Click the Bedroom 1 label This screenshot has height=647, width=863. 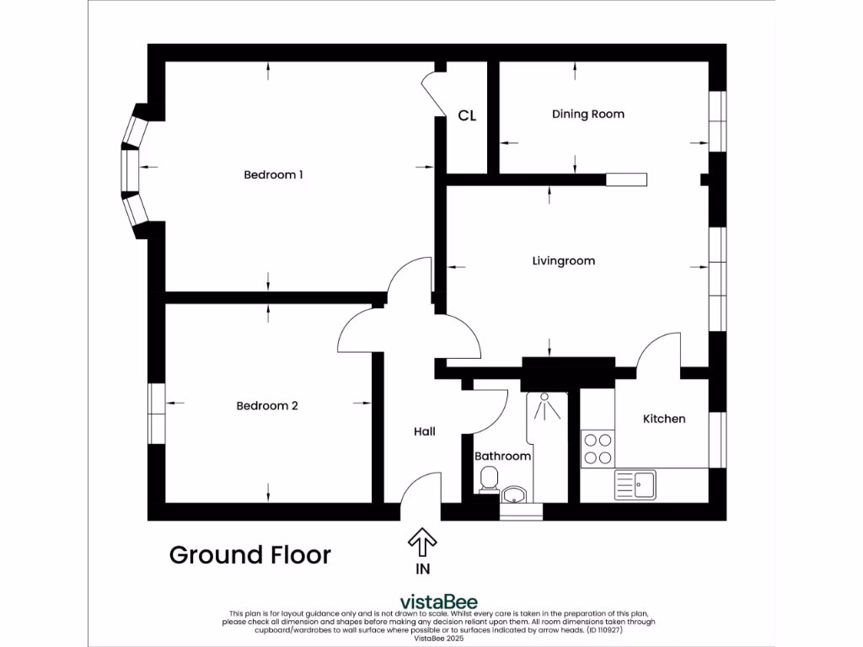click(273, 175)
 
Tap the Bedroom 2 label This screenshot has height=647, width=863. click(267, 406)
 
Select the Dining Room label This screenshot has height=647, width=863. click(587, 115)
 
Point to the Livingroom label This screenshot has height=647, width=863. click(564, 261)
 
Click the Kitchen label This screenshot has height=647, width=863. click(664, 419)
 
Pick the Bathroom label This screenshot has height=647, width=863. click(502, 456)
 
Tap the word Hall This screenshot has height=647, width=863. click(425, 432)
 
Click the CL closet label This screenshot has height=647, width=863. click(467, 115)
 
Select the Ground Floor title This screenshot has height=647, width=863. click(249, 555)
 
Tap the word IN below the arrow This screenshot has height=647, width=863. click(423, 569)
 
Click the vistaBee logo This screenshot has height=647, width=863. click(438, 602)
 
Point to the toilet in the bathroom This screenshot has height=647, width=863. click(489, 479)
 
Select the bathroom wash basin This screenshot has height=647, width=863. click(515, 495)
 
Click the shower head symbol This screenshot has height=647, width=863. click(544, 406)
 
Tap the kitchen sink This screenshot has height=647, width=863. click(635, 484)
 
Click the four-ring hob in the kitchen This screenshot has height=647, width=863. click(598, 449)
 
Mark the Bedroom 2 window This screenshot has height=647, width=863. click(157, 414)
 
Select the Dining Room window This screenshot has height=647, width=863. click(717, 121)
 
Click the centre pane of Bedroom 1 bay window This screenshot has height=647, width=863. click(131, 171)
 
